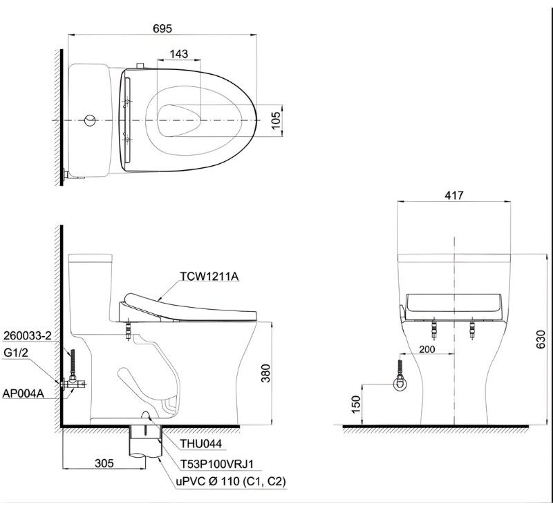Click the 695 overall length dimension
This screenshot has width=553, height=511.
click(x=162, y=28)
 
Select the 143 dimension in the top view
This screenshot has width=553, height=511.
click(x=179, y=54)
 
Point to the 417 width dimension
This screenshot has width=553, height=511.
click(x=454, y=195)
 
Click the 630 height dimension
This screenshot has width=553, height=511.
click(x=541, y=340)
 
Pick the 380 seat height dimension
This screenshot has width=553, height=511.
click(x=265, y=373)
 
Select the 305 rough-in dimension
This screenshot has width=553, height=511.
click(x=104, y=463)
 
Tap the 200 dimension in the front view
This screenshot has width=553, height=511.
click(x=427, y=349)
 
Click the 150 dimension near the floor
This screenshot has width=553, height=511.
click(x=356, y=405)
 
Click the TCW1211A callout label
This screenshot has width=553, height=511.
click(x=209, y=277)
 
